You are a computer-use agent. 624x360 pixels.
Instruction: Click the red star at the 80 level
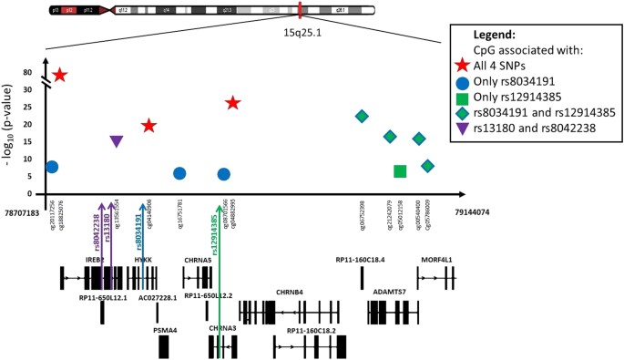click(60, 75)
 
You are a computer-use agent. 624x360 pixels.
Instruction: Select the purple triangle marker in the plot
click(117, 140)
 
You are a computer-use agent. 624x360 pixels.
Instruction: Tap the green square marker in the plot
click(400, 170)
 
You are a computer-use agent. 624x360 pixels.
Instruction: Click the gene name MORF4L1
click(436, 260)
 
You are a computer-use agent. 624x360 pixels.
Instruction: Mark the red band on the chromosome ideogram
click(299, 10)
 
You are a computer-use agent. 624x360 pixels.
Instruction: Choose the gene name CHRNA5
click(198, 260)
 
